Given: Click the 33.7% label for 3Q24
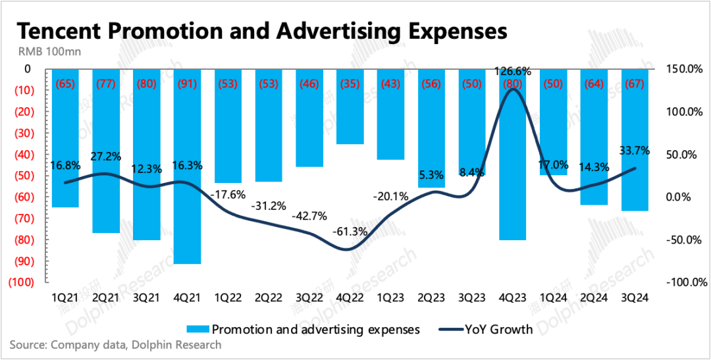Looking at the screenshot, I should [x=633, y=151].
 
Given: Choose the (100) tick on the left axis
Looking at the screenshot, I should [x=18, y=282].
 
